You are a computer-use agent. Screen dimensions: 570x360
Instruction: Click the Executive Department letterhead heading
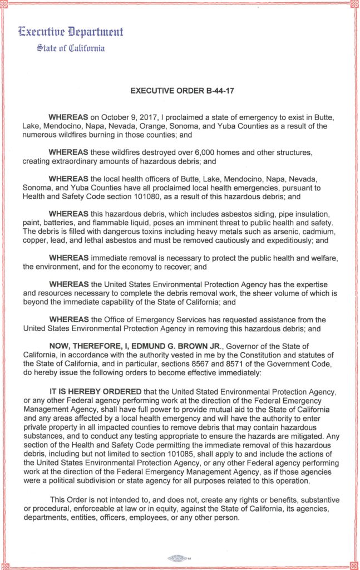(71, 32)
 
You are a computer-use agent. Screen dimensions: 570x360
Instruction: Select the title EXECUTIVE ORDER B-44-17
(182, 90)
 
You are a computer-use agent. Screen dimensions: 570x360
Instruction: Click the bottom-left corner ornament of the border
(5, 565)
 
